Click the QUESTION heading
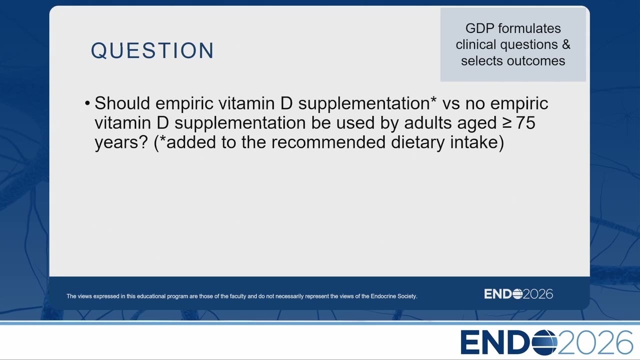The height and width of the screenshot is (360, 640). [x=152, y=50]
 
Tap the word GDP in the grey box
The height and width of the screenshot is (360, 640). [x=479, y=28]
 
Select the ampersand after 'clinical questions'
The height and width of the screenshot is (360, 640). [x=566, y=44]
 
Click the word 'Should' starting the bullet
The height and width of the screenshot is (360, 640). [x=122, y=103]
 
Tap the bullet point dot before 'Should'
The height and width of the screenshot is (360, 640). [x=87, y=103]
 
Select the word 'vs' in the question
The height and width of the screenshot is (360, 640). [x=451, y=103]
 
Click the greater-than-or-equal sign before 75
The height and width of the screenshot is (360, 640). [x=507, y=123]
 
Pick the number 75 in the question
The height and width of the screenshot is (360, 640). [x=525, y=123]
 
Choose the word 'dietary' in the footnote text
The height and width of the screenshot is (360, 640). [x=418, y=142]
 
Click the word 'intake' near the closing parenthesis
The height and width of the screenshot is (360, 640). [x=474, y=142]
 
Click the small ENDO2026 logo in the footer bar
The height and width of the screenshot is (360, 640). [x=518, y=294]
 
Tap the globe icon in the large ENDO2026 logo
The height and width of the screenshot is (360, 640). [x=544, y=342]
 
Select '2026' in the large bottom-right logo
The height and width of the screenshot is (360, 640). [x=595, y=342]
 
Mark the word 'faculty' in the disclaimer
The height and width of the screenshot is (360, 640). [x=238, y=296]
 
